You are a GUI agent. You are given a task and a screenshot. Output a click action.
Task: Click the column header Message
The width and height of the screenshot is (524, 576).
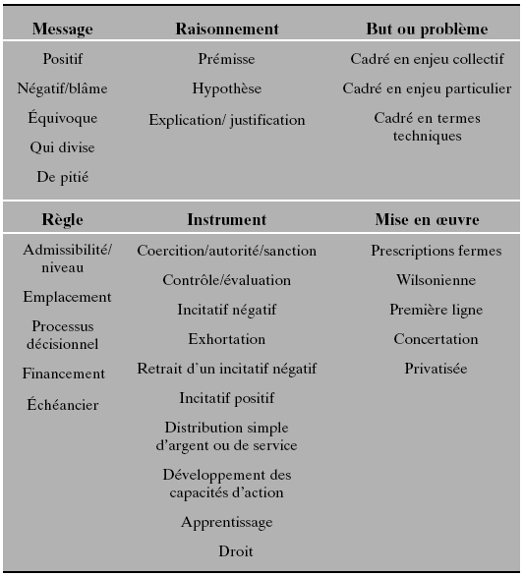63,29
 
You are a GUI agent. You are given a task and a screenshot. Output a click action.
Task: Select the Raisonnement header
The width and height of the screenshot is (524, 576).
227,29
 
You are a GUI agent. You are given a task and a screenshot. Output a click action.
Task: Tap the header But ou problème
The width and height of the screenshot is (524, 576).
427,29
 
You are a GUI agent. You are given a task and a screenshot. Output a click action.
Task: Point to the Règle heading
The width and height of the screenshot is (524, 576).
63,219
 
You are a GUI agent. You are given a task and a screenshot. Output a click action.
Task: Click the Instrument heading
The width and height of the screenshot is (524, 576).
227,219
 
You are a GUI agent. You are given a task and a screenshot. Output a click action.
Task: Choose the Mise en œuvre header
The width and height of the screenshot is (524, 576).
427,219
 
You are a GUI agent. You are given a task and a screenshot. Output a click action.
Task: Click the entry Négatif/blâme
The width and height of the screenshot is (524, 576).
63,88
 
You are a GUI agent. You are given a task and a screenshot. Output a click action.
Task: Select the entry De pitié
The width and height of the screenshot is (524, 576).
63,177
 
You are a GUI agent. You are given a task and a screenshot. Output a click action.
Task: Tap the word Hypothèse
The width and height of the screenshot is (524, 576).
227,88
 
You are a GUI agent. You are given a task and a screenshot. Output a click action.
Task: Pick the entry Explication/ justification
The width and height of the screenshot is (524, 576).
227,120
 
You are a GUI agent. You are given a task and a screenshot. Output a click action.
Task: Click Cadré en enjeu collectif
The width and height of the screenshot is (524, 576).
427,59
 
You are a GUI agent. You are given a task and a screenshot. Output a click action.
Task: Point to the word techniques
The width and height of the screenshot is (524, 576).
427,137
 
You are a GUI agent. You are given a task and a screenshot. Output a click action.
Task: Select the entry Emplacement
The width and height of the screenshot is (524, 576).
67,297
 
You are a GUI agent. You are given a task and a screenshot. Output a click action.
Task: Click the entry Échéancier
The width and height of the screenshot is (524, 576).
63,404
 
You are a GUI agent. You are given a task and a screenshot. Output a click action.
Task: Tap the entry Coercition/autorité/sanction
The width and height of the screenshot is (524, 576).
227,251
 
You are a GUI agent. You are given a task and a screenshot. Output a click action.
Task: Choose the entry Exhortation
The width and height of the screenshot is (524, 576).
227,339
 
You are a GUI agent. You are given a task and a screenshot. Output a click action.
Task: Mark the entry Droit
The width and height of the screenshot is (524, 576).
236,551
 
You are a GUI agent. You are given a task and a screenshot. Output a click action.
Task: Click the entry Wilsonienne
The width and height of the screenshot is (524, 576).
436,280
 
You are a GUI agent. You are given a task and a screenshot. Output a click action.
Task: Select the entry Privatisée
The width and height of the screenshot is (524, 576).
436,369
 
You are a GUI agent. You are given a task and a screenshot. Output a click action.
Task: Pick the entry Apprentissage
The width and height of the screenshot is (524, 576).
227,522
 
